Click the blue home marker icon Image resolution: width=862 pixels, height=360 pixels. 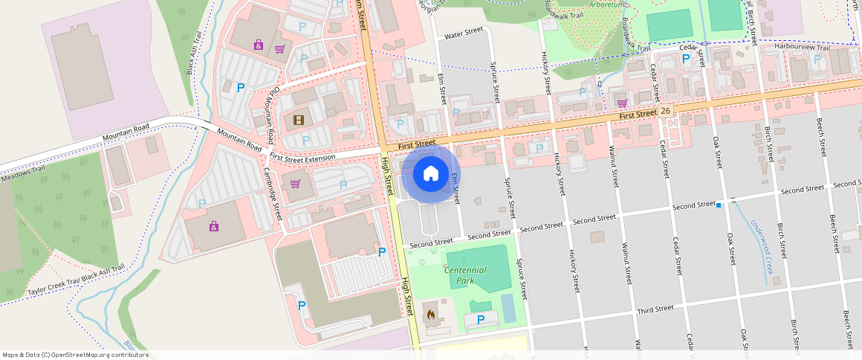pos(430,174)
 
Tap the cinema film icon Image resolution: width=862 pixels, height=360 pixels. pos(299,120)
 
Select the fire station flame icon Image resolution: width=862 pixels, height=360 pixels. pos(430,314)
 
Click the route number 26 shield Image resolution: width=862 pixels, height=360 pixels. pos(665,111)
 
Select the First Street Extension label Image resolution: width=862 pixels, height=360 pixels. pos(303,157)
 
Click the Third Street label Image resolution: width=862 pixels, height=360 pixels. pos(655,308)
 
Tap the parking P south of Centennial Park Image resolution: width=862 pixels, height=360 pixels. pos(481,320)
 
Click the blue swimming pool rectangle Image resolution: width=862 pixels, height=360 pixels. pos(508,308)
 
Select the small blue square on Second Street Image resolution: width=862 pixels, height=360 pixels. pos(719,205)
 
